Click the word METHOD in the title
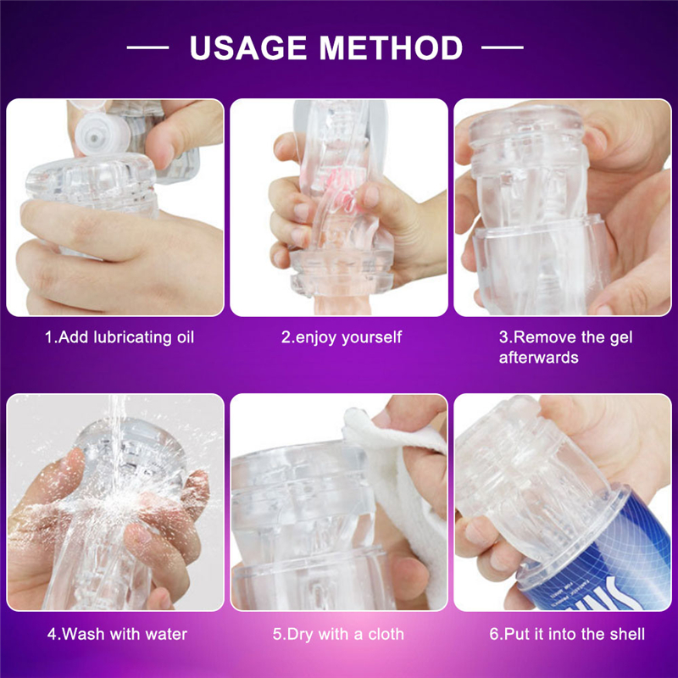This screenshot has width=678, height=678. [392, 47]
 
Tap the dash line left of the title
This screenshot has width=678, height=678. [147, 47]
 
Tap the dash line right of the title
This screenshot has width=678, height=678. [503, 47]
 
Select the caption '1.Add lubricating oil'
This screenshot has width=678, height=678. [119, 337]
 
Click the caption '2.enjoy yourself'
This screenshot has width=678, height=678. [342, 337]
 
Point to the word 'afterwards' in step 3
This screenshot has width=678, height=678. [539, 358]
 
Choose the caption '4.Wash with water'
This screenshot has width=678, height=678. [117, 634]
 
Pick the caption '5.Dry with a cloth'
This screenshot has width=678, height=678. [338, 634]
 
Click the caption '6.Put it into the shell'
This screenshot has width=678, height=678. [567, 634]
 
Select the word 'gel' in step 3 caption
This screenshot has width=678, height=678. [621, 337]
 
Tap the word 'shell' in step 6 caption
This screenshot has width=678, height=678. [627, 634]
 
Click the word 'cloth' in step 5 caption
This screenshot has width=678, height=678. [386, 634]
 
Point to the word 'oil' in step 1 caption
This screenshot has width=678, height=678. [186, 337]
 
